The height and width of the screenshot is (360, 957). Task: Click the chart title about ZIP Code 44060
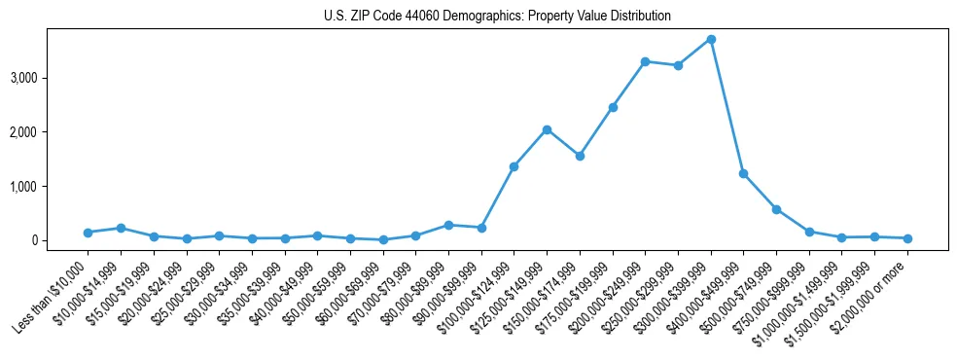497,17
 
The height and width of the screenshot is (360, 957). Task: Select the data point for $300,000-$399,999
711,39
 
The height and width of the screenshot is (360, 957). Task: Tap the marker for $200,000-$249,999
645,61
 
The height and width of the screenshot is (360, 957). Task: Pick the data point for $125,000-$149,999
547,129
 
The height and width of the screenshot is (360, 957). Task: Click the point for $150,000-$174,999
580,156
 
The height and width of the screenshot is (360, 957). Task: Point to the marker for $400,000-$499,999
743,173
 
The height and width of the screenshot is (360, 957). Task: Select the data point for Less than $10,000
88,233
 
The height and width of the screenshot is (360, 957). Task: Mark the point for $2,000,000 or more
907,238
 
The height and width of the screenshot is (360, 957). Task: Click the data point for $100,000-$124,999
514,166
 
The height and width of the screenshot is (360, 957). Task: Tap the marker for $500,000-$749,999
776,209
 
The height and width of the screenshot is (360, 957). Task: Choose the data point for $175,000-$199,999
613,107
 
